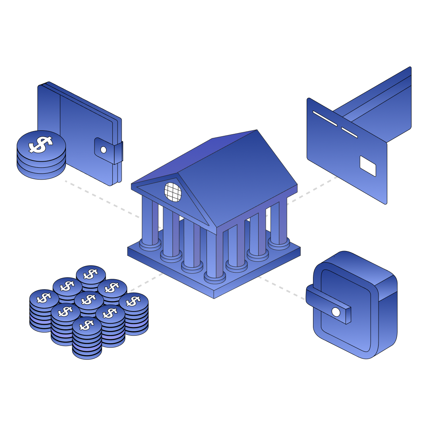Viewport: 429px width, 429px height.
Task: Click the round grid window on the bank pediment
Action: coord(173,192)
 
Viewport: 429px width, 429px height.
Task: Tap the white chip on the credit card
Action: coord(367,166)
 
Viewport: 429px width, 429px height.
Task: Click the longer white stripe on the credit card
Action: coord(325,118)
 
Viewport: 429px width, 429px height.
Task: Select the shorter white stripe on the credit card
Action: coord(349,132)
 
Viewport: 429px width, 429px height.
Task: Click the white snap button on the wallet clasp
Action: coord(103,150)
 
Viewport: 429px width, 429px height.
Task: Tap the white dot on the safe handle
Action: coord(336,312)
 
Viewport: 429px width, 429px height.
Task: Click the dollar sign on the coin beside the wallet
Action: coord(41,145)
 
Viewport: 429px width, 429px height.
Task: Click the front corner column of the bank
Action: coord(214,254)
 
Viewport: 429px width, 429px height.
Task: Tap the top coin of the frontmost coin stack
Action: coord(87,325)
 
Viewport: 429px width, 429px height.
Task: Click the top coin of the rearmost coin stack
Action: coord(91,274)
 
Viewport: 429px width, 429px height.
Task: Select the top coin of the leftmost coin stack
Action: coord(44,298)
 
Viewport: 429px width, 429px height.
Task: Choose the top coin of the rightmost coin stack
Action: coord(133,301)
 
